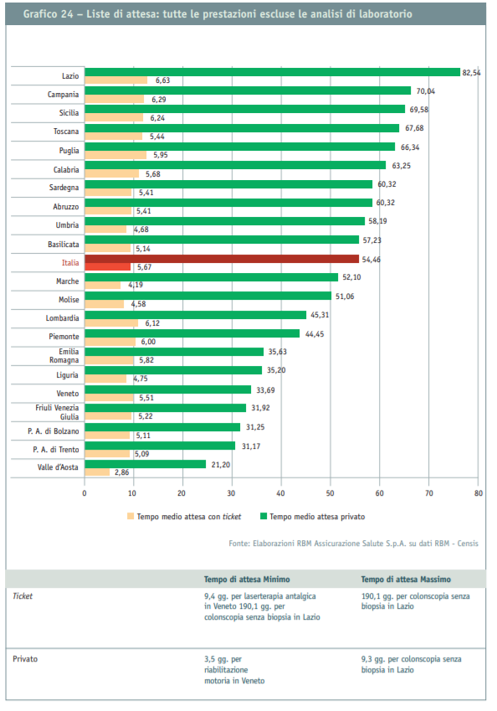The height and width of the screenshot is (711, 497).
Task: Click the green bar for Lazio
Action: pyautogui.click(x=272, y=72)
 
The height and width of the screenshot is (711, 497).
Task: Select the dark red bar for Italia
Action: pyautogui.click(x=222, y=259)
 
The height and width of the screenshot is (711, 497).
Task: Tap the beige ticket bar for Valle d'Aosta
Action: pyautogui.click(x=97, y=472)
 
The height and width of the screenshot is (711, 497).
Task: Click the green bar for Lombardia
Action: pyautogui.click(x=195, y=315)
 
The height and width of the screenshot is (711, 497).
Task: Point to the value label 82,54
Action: pyautogui.click(x=471, y=73)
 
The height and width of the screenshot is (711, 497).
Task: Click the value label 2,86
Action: pyautogui.click(x=122, y=472)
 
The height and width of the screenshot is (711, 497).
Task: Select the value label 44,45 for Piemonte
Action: pyautogui.click(x=315, y=334)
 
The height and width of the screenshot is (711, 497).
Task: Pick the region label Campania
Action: pyautogui.click(x=63, y=95)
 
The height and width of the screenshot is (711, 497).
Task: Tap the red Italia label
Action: pyautogui.click(x=70, y=263)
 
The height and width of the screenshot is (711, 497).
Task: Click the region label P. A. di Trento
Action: pyautogui.click(x=56, y=450)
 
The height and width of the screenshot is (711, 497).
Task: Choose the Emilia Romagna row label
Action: pyautogui.click(x=64, y=355)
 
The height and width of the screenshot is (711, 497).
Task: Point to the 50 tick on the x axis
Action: pyautogui.click(x=330, y=493)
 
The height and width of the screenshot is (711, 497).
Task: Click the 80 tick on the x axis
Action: pyautogui.click(x=479, y=493)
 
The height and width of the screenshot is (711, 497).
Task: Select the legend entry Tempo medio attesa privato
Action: pyautogui.click(x=313, y=517)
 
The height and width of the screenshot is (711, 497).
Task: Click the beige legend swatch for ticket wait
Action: pyautogui.click(x=131, y=516)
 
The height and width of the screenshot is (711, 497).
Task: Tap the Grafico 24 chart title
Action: pyautogui.click(x=218, y=14)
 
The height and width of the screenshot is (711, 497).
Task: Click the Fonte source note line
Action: pyautogui.click(x=353, y=544)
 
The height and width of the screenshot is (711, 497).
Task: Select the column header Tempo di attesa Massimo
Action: pyautogui.click(x=406, y=579)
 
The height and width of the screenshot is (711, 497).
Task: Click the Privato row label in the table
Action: pyautogui.click(x=25, y=659)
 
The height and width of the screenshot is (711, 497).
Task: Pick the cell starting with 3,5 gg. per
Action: pyautogui.click(x=234, y=670)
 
